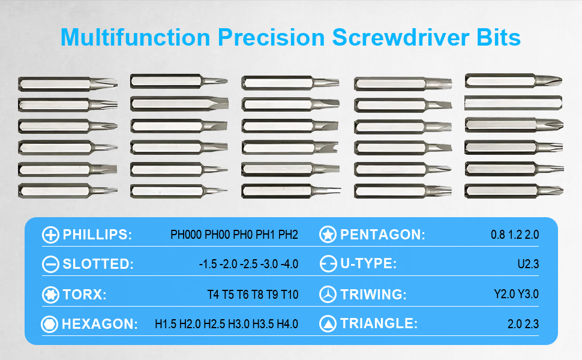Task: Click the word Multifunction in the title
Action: pos(135,37)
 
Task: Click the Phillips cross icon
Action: pos(50,235)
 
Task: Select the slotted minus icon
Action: pos(50,265)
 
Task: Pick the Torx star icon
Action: pos(50,295)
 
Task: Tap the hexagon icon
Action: pos(50,325)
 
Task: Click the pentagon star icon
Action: pos(328,235)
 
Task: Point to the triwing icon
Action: pos(328,295)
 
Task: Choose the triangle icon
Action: pos(328,325)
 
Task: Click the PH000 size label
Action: pos(186,235)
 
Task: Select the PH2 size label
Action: pos(289,235)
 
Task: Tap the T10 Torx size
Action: pos(289,295)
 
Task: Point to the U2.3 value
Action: pos(528,265)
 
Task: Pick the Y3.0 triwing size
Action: pos(529,295)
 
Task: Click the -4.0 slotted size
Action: pos(288,265)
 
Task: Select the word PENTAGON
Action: pos(383,235)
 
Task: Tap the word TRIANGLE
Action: pos(379,325)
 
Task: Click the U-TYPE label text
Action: pos(368,265)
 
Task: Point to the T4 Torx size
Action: pos(213,295)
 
